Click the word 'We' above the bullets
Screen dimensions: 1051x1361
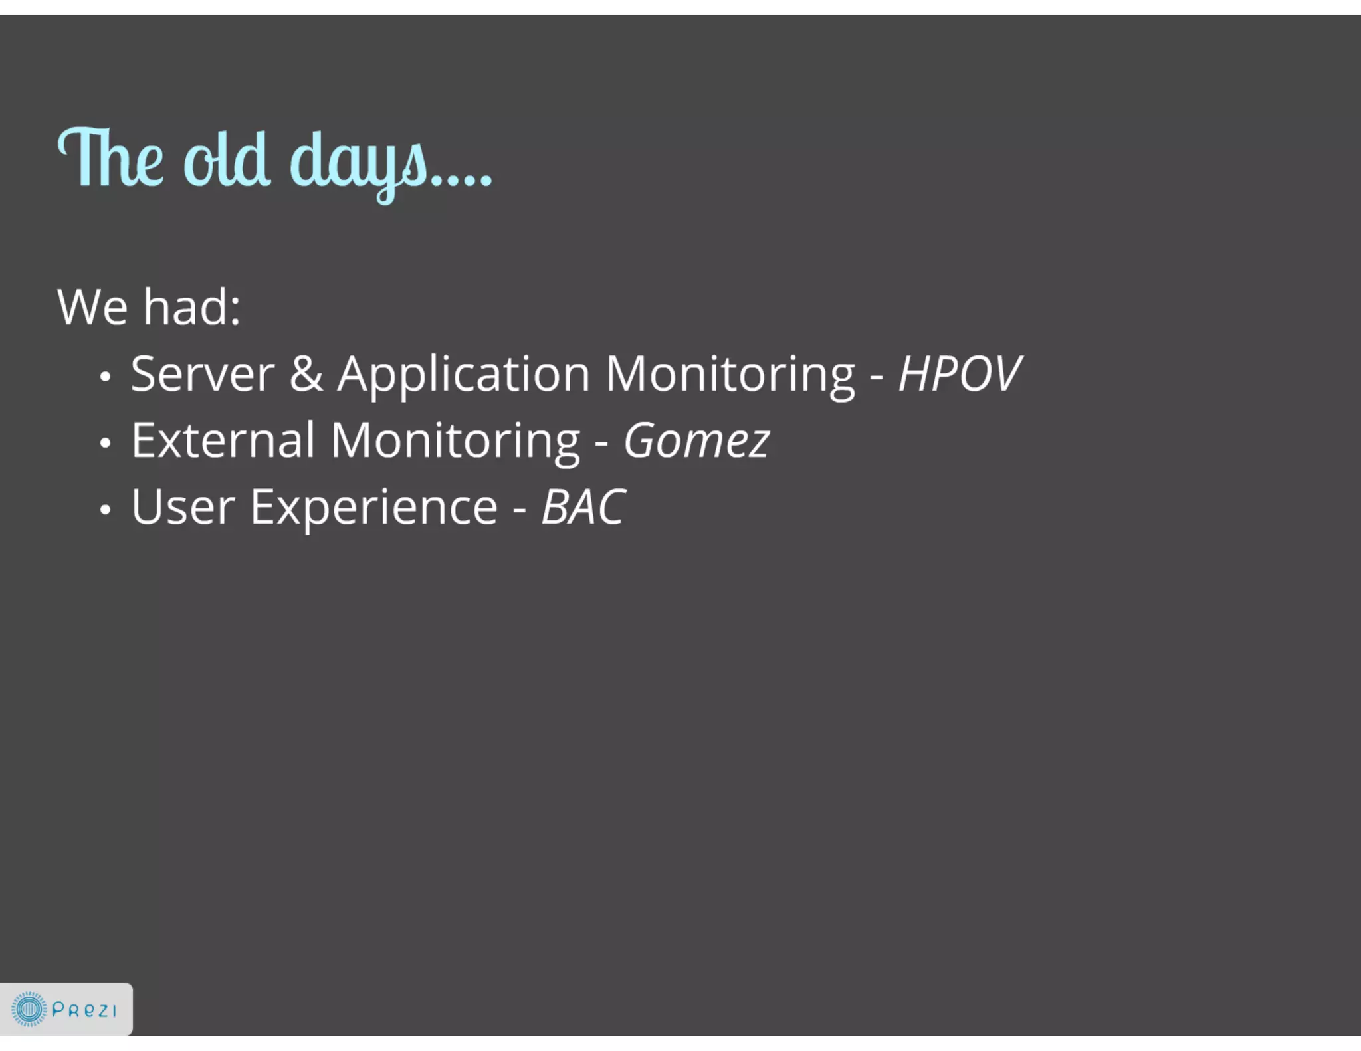click(x=92, y=308)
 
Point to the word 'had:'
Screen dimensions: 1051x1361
click(x=192, y=308)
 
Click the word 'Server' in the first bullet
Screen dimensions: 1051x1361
click(x=203, y=374)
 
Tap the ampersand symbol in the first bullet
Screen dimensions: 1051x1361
click(x=306, y=374)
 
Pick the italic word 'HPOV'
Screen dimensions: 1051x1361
click(x=959, y=374)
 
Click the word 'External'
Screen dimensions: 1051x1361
click(x=223, y=440)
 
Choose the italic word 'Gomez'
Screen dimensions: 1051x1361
click(x=696, y=440)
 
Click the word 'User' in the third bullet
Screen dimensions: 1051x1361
click(x=183, y=508)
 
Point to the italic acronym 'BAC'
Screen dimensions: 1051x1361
click(x=583, y=508)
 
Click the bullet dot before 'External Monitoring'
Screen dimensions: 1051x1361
click(x=105, y=443)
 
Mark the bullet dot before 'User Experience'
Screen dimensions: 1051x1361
click(x=105, y=510)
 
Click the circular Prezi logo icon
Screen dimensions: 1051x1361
click(x=29, y=1009)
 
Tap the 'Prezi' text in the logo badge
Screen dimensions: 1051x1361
click(x=84, y=1010)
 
